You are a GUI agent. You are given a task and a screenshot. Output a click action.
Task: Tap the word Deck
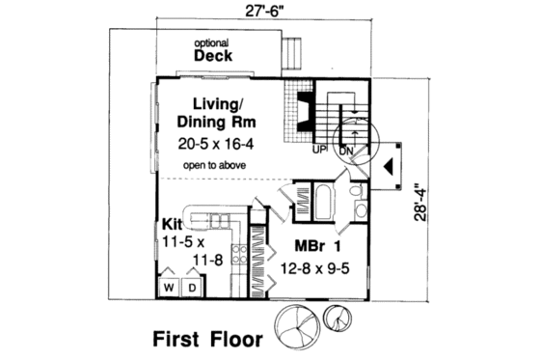212,56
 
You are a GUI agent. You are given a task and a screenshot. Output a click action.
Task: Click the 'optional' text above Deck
211,43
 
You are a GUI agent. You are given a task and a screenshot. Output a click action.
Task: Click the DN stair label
342,150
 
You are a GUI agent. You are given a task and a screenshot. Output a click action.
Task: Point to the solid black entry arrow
389,165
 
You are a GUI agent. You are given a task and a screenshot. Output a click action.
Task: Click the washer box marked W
168,288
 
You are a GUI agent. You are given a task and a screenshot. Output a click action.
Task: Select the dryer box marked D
191,288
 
